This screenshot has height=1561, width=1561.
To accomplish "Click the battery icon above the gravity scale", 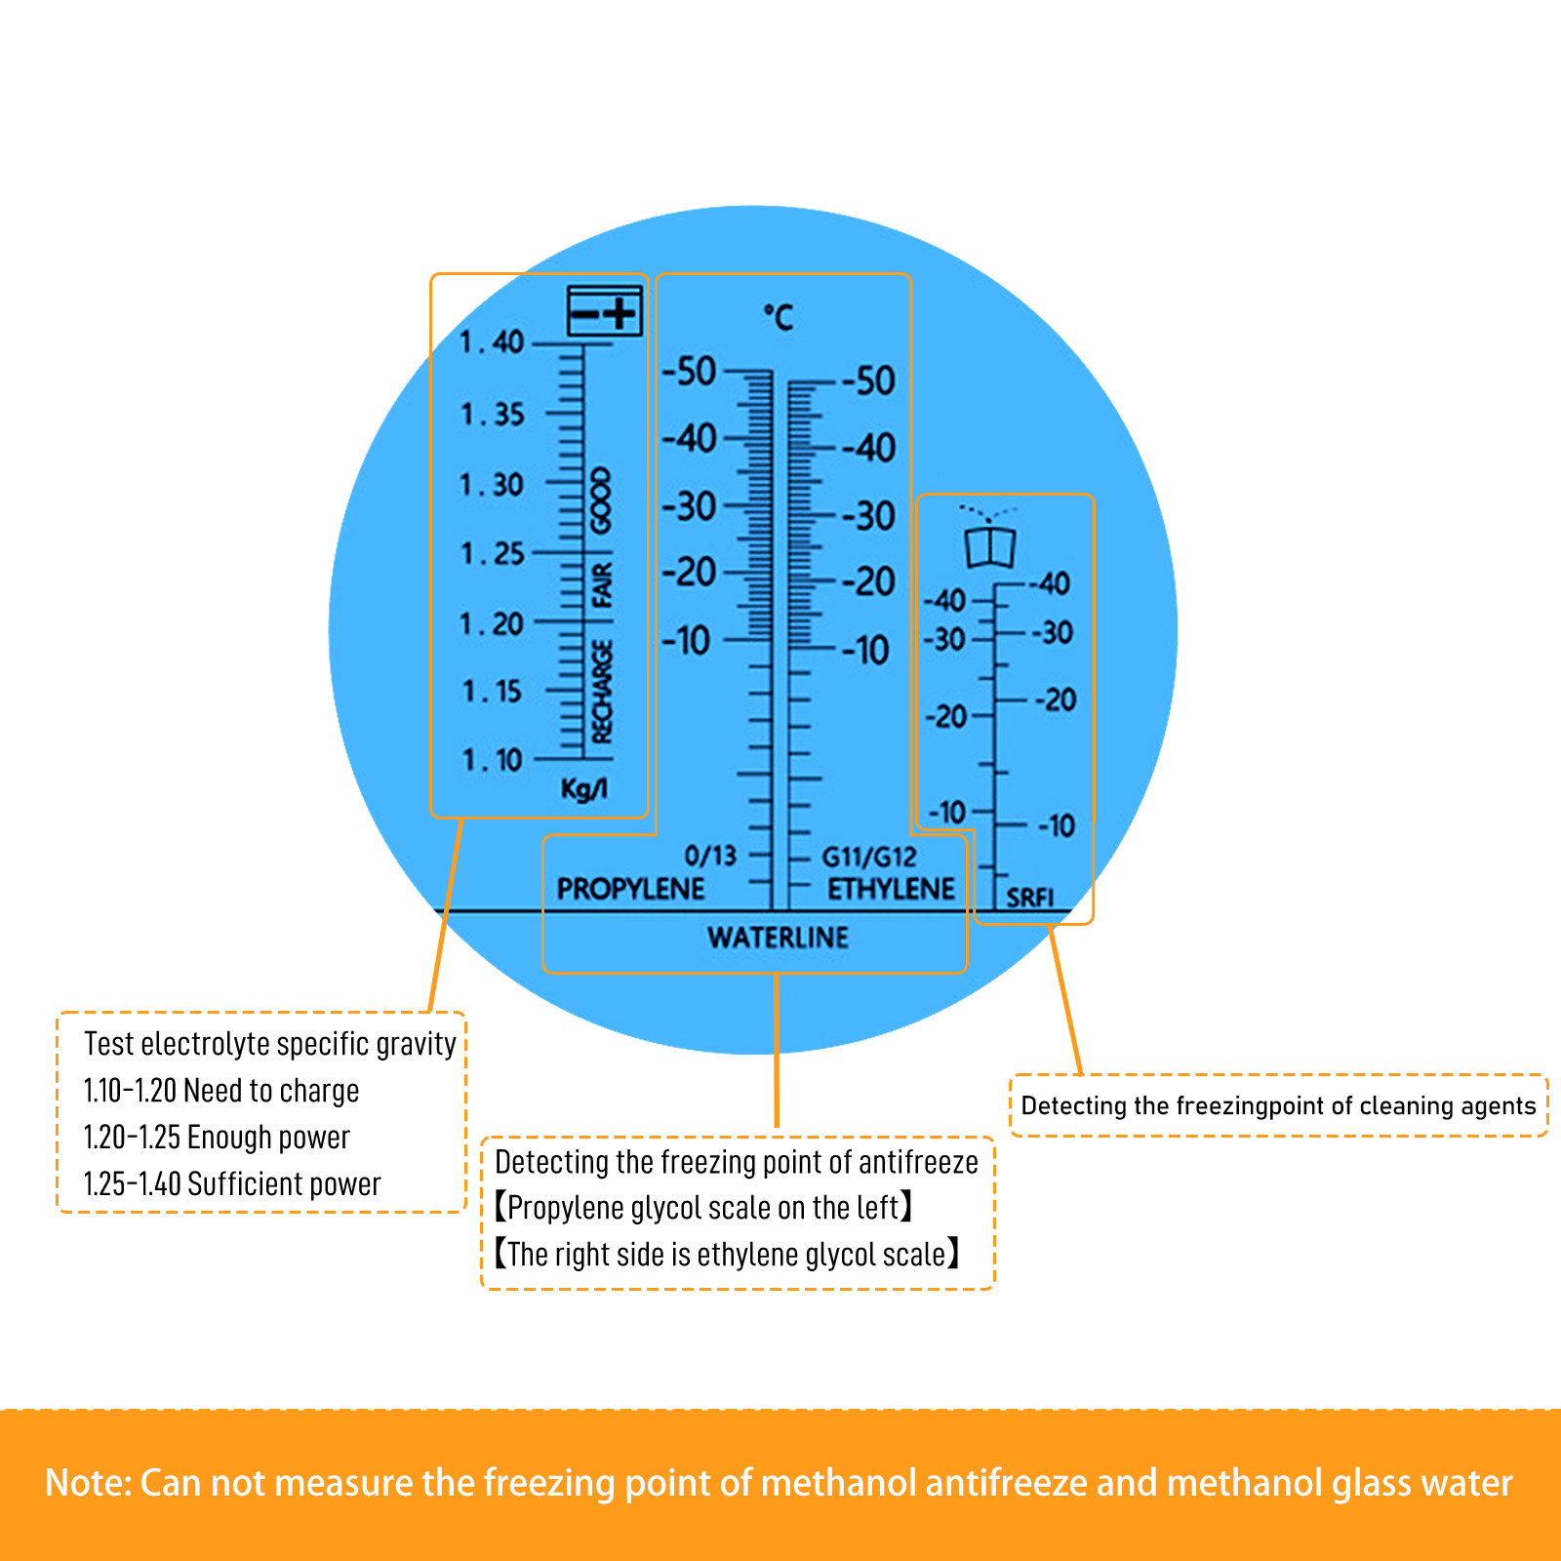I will (605, 311).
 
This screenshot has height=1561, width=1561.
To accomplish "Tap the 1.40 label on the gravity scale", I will (493, 342).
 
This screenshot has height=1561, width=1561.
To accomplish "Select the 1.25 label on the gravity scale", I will (493, 554).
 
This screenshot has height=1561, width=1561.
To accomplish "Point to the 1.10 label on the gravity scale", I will (493, 760).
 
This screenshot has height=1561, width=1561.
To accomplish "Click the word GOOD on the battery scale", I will (602, 500).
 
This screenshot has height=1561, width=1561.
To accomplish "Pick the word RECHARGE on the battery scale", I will (602, 692).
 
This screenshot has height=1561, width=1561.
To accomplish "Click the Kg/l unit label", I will (583, 788).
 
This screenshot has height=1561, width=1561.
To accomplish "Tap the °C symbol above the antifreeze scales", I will (779, 317).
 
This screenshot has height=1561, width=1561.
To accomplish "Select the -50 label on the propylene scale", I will (689, 372).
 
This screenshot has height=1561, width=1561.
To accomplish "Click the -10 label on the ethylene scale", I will (865, 650).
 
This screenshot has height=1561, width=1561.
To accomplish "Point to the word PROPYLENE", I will (630, 889).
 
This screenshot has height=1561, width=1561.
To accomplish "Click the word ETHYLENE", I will (891, 889).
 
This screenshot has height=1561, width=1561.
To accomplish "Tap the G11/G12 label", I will (868, 858).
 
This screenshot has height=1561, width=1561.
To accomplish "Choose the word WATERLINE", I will (778, 938).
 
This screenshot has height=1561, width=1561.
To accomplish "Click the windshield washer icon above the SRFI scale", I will (989, 538).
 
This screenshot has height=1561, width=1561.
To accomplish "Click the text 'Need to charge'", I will (271, 1091).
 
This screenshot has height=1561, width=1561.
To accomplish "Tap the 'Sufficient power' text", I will (283, 1184).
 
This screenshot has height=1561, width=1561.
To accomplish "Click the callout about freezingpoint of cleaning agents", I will (1278, 1105).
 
